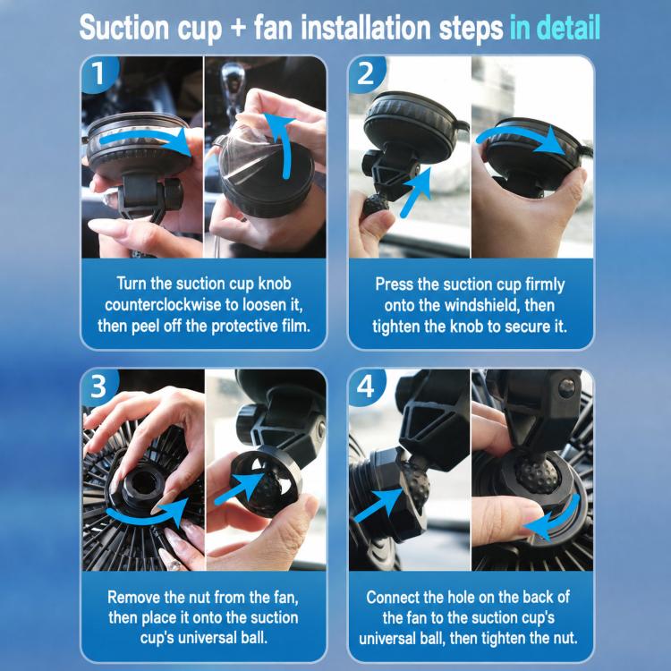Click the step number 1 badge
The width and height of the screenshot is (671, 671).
(x=98, y=73)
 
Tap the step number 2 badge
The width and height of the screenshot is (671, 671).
(x=366, y=73)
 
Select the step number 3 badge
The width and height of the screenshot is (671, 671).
(x=98, y=386)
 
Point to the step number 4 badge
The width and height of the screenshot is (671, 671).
(x=366, y=386)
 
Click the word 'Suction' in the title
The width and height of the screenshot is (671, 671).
(x=124, y=28)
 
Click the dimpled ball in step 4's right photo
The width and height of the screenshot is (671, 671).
(x=537, y=474)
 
